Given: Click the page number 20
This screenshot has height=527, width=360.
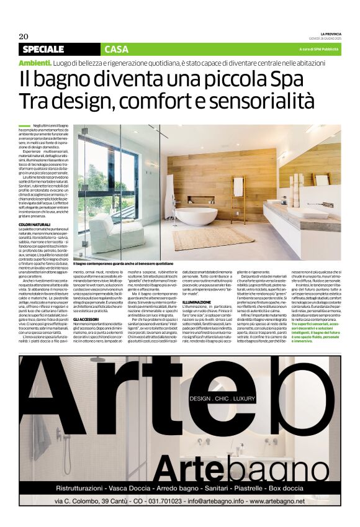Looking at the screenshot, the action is [x=24, y=35].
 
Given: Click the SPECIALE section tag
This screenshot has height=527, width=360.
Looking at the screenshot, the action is [x=43, y=49].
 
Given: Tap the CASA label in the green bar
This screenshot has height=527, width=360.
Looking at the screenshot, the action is [x=117, y=49].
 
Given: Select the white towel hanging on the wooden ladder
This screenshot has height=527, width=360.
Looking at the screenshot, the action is [x=238, y=186].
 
